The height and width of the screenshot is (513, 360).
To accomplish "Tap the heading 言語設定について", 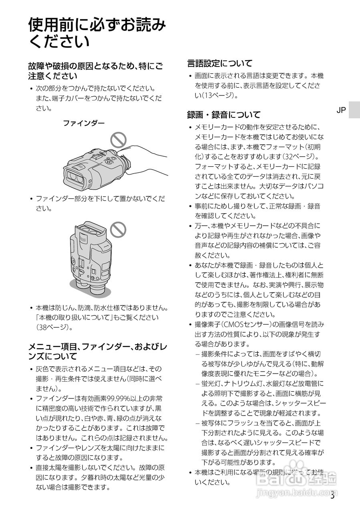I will [220, 63].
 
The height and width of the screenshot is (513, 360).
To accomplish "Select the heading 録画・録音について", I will [223, 115].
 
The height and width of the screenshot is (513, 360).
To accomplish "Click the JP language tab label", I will [341, 110].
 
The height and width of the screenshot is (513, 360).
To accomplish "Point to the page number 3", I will [332, 495].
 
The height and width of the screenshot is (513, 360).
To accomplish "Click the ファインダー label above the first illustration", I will [83, 123].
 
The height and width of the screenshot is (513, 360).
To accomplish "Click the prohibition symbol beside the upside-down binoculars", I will [118, 230].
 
